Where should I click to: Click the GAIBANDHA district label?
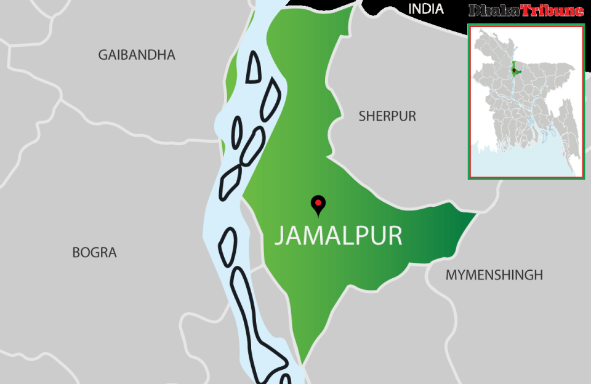(x=137, y=55)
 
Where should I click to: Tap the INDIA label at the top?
(x=426, y=9)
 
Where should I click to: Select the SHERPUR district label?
(x=387, y=116)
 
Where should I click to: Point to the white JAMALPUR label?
(x=338, y=236)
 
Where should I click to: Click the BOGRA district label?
(x=94, y=252)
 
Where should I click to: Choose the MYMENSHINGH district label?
(x=494, y=275)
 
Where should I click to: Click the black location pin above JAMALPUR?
(x=318, y=204)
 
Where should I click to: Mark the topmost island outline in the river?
(x=253, y=66)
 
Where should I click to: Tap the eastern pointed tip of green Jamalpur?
(x=474, y=215)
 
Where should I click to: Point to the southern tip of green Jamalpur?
(x=302, y=363)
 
